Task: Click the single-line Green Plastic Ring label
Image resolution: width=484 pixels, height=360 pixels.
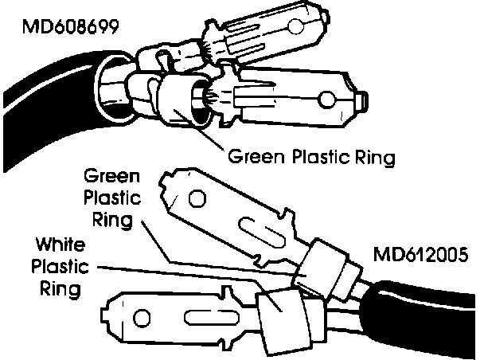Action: [312, 156]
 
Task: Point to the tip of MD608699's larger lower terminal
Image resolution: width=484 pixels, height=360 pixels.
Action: [363, 99]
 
